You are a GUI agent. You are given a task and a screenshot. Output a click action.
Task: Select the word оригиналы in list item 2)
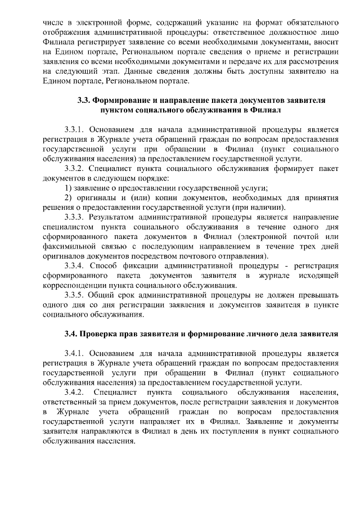pos(97,197)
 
